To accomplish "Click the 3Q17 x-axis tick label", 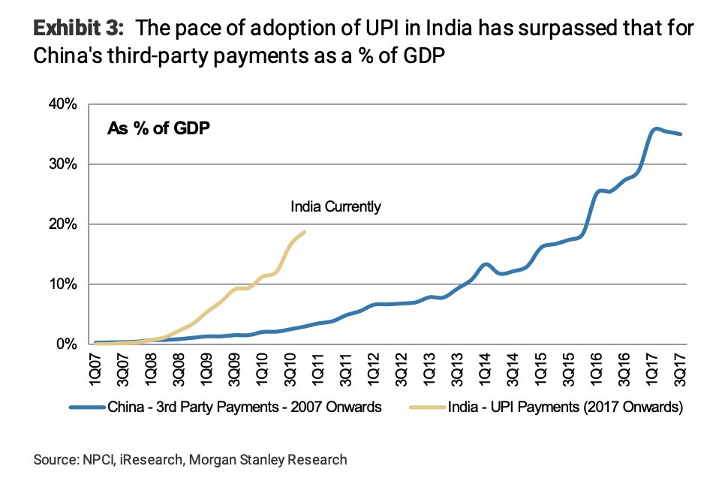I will click(680, 368).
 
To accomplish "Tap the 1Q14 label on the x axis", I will click(486, 368).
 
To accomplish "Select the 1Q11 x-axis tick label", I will click(319, 368).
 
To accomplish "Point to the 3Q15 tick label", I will click(569, 368).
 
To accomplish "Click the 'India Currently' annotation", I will click(335, 206).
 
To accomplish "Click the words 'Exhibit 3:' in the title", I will click(74, 30).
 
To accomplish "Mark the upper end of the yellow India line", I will click(305, 232).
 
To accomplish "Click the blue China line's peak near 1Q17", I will click(657, 129).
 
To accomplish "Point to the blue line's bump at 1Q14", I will click(486, 264).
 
